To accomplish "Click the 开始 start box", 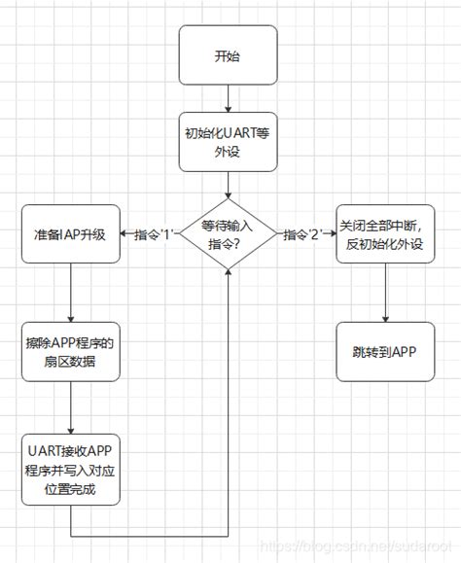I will point(228,55).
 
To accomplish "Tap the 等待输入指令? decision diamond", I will point(228,234).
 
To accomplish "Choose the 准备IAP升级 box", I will point(71,234).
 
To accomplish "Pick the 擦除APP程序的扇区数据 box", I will point(71,351).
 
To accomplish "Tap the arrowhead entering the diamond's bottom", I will point(228,280).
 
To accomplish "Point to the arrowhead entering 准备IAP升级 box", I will point(124,234).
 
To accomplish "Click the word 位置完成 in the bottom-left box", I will point(71,490).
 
